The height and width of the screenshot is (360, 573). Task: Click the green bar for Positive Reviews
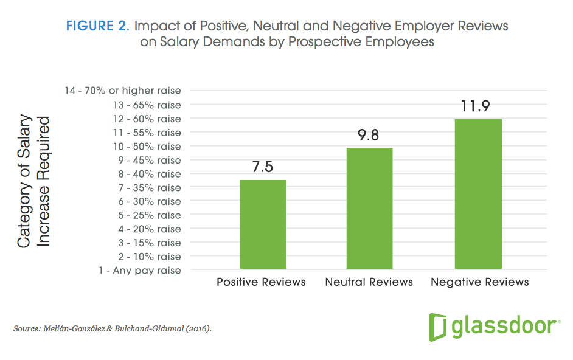tap(263, 224)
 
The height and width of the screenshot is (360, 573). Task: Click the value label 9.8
tap(369, 136)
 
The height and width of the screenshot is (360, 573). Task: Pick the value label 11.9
tap(478, 106)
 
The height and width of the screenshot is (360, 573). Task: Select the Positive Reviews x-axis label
tap(262, 282)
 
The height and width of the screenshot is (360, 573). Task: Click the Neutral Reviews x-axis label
tap(369, 282)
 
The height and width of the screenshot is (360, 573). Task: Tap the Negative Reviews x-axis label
tap(480, 282)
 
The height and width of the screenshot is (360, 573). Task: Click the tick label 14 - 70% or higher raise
tap(123, 91)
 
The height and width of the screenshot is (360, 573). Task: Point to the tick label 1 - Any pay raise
tap(139, 270)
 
